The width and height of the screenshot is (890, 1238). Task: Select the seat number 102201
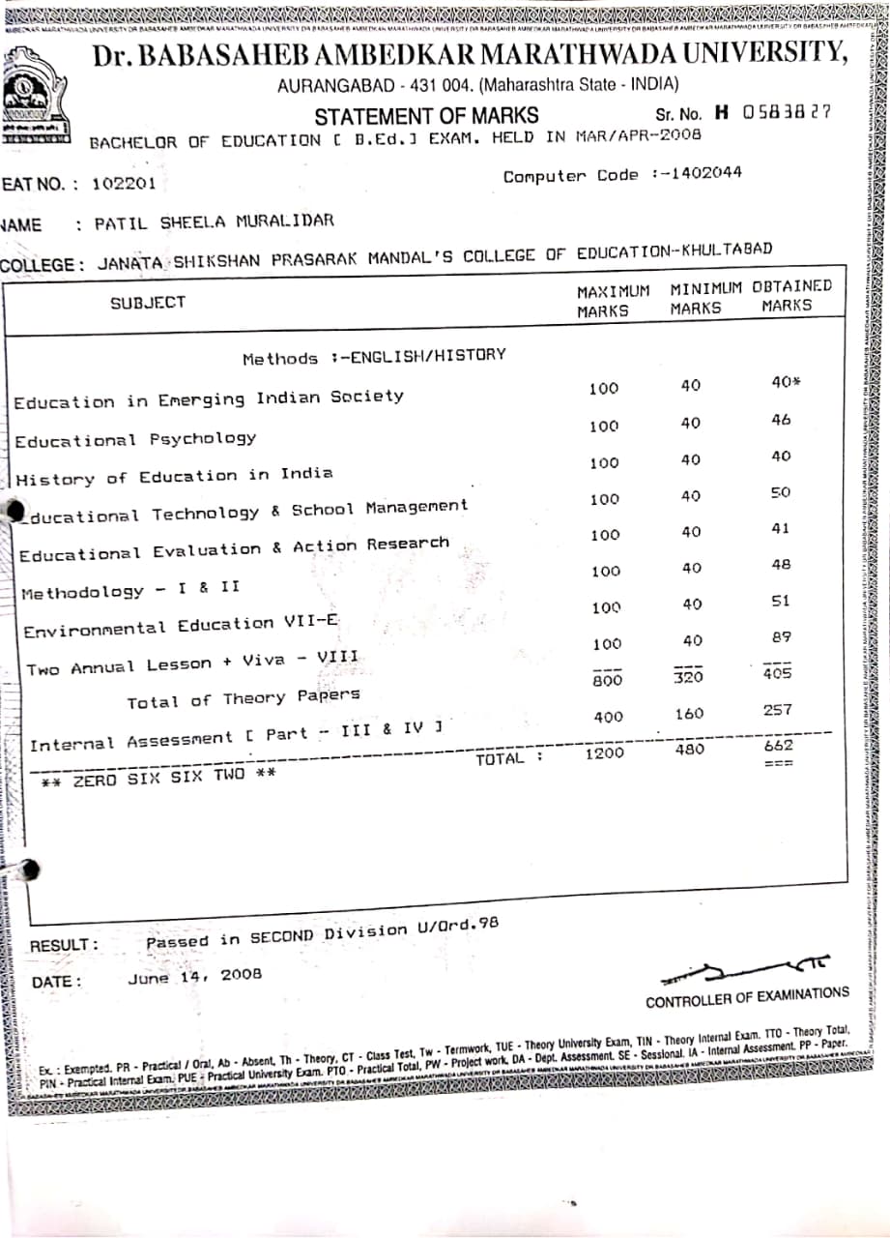[x=123, y=184]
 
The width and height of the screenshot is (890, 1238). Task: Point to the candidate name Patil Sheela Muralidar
[x=214, y=221]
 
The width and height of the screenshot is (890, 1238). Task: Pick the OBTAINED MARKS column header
[x=790, y=295]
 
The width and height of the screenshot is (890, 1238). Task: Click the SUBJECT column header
[x=147, y=303]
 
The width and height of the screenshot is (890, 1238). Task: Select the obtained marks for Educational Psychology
[x=781, y=421]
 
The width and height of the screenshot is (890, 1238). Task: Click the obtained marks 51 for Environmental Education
[x=781, y=601]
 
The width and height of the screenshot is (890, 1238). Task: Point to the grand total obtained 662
[x=778, y=746]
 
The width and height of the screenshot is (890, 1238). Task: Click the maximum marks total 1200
[x=604, y=752]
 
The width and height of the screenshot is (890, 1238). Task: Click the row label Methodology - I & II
[x=131, y=590]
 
